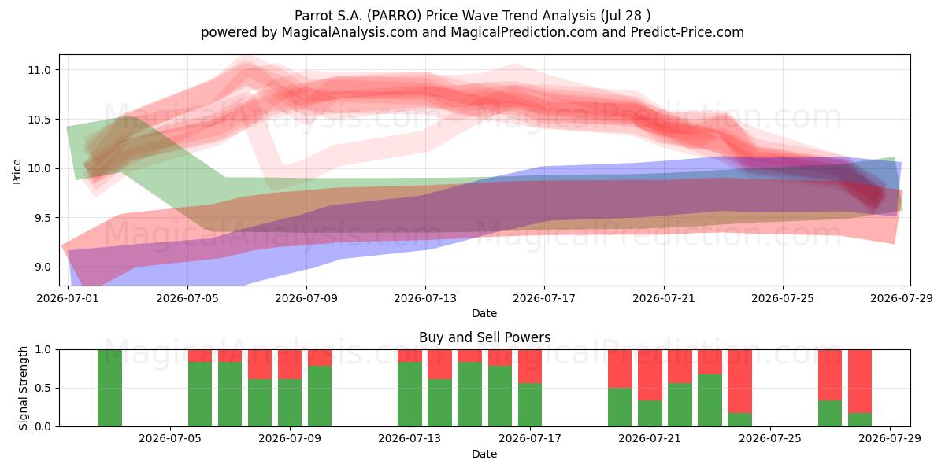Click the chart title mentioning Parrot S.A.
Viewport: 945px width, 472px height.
coord(472,16)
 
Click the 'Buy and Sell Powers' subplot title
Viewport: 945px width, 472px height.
coord(485,337)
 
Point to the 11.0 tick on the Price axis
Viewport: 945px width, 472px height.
coord(39,70)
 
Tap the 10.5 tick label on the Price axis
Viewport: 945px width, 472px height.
coord(39,120)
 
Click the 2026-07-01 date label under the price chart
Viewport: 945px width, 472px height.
coord(68,298)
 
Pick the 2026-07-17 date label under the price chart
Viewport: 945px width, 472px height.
coord(544,298)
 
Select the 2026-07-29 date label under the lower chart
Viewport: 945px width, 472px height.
coord(890,439)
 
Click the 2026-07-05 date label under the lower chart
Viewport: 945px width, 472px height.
coord(170,439)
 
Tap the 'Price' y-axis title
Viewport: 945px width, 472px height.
coord(17,171)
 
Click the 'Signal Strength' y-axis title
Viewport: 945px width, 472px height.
coord(23,388)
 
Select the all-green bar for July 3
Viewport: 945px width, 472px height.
coord(109,388)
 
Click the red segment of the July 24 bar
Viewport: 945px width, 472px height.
coord(740,382)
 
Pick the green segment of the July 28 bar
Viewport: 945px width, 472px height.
coord(860,420)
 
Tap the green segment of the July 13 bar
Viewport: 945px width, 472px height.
coord(409,394)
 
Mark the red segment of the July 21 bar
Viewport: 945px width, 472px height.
coord(650,375)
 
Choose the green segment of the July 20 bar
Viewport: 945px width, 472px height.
coord(620,407)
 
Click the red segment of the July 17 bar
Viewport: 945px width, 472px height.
coord(530,367)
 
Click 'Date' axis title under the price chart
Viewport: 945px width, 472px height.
coord(484,314)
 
